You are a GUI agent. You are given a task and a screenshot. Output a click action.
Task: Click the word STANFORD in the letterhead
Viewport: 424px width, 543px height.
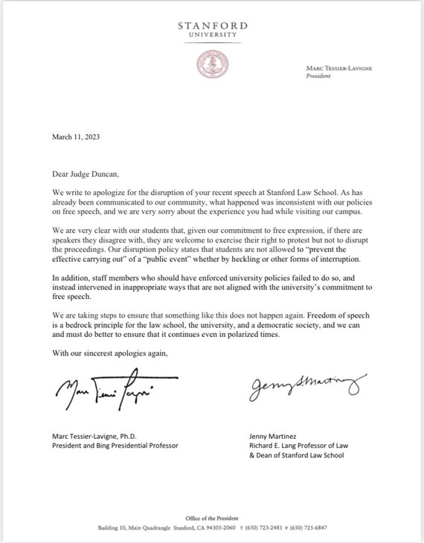click(x=211, y=25)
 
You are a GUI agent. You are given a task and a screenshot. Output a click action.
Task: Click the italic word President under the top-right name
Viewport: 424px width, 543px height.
click(x=319, y=76)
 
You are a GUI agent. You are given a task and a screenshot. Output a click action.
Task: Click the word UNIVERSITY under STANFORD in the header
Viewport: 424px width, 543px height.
click(x=211, y=34)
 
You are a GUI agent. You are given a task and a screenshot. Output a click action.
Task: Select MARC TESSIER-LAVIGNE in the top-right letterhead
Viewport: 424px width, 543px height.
click(x=336, y=68)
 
